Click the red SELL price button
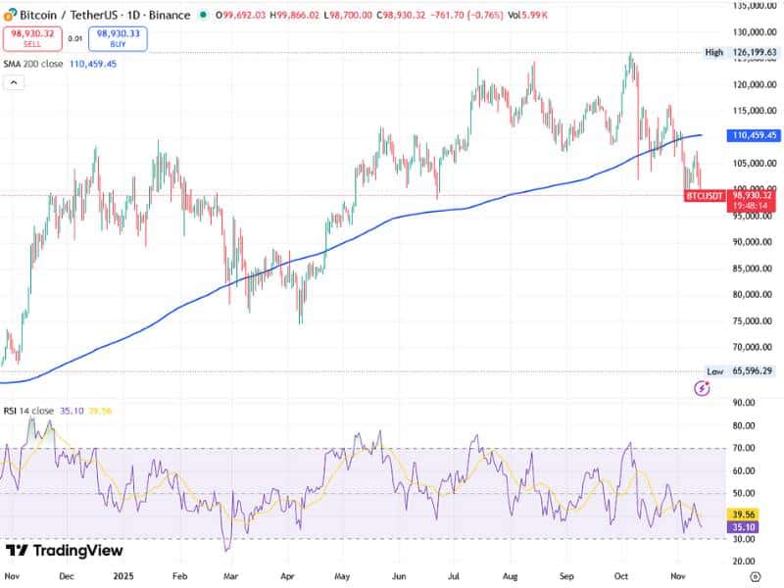pos(33,38)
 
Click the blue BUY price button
pos(118,38)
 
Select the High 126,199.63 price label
pos(745,53)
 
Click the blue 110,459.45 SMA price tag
pos(754,135)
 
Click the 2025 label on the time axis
pos(122,577)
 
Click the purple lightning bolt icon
pos(702,388)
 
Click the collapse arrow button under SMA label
pos(15,82)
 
